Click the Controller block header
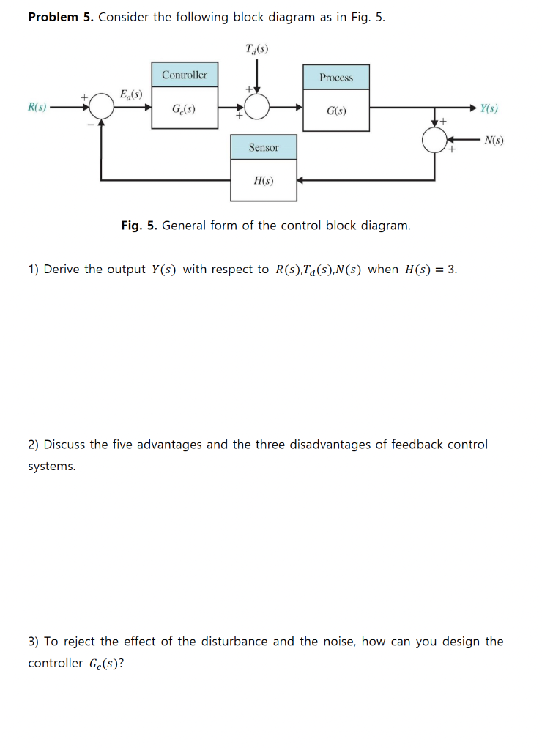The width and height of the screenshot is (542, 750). click(184, 75)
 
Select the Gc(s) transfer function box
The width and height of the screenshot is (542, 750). click(184, 108)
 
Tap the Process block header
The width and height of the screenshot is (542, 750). click(335, 77)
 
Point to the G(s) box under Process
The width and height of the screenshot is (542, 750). click(336, 111)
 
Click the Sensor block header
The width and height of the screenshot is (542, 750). click(264, 147)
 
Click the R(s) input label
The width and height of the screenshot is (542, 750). click(37, 108)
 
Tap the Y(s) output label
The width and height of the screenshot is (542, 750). click(491, 108)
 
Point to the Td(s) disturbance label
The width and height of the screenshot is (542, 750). click(257, 49)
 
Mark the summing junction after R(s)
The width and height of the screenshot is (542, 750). click(102, 108)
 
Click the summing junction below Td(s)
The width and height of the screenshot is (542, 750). click(256, 108)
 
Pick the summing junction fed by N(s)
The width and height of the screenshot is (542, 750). click(435, 139)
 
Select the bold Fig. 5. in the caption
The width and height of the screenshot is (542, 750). click(139, 226)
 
